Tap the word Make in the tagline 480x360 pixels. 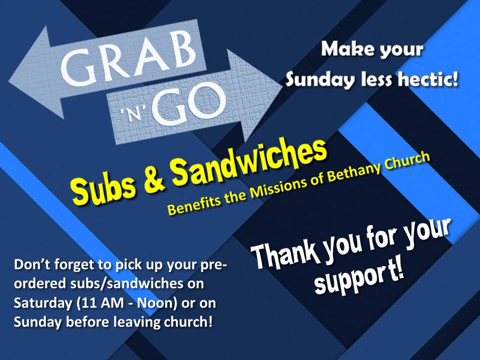[345, 50]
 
